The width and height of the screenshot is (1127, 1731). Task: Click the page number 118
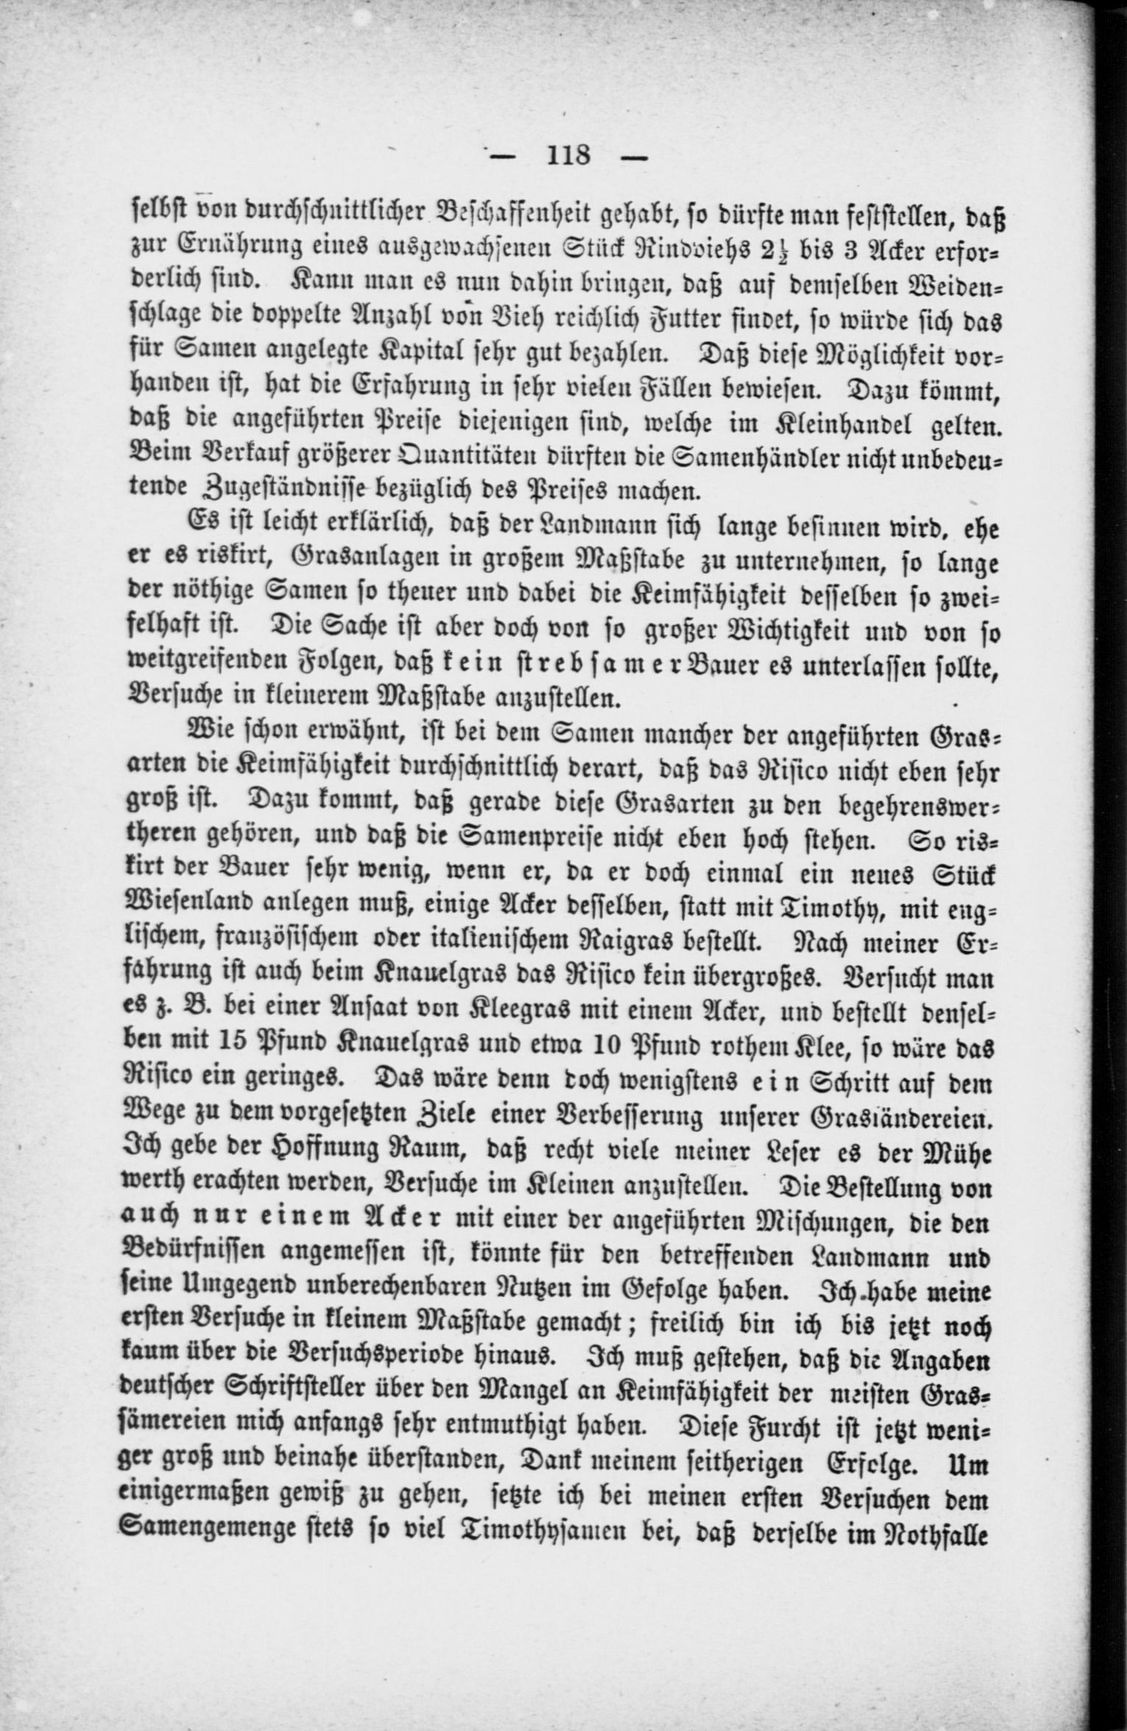[x=568, y=156]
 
